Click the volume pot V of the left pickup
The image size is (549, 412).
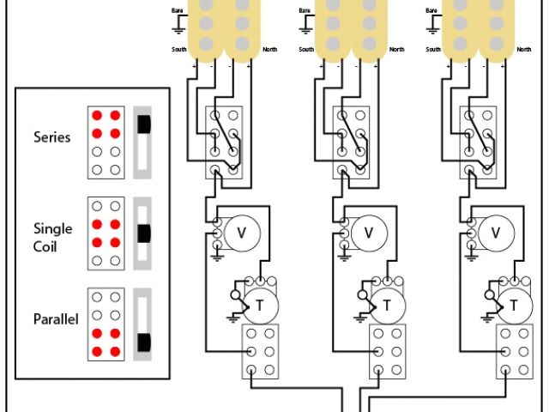[242, 232]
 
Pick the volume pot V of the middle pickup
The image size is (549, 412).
[370, 232]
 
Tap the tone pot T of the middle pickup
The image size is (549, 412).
[387, 305]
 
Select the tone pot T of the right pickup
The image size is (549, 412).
[514, 305]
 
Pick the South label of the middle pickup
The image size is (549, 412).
[307, 49]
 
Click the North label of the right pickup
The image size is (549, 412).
[522, 49]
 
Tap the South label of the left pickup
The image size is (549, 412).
[180, 49]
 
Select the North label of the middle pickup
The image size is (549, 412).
[396, 49]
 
